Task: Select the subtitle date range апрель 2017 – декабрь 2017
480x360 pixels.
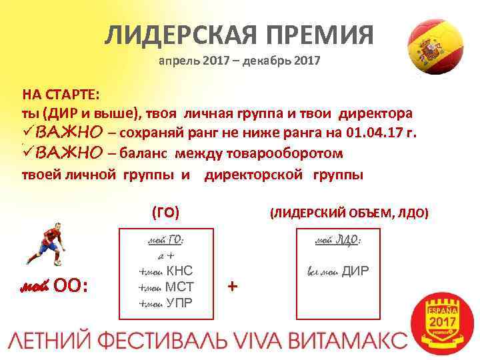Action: [239, 63]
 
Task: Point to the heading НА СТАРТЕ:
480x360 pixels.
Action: [60, 93]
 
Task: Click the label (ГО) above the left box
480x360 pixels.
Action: [165, 213]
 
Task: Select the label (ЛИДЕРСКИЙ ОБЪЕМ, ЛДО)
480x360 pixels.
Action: [349, 213]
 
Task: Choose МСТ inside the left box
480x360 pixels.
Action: [179, 287]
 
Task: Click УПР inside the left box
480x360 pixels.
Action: [179, 304]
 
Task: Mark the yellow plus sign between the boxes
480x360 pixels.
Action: [232, 286]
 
